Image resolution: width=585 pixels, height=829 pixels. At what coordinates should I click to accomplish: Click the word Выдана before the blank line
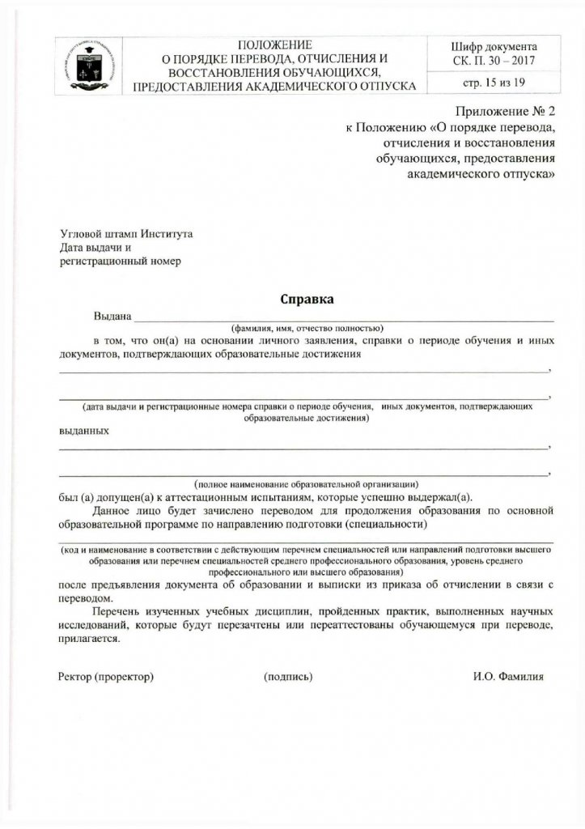tap(112, 316)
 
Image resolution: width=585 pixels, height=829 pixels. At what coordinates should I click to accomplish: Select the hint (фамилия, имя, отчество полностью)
tap(306, 329)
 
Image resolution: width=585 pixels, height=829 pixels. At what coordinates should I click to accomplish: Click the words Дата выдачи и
tap(90, 247)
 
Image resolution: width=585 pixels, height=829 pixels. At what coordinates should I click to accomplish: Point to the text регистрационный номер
tap(120, 261)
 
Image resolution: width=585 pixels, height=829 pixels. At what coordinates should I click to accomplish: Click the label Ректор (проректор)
tap(106, 675)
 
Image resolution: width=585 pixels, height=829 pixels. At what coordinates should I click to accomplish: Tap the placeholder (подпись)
tap(288, 675)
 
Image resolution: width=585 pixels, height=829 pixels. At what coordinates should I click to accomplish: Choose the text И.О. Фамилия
tap(509, 675)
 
